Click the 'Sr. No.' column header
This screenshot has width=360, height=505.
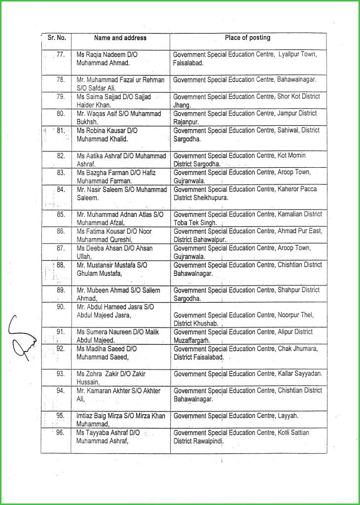[x=57, y=38]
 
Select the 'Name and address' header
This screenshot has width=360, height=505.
[x=120, y=38]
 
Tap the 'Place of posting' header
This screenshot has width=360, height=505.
[x=248, y=38]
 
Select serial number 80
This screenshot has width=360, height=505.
[x=61, y=113]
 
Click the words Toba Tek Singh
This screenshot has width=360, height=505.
[x=195, y=223]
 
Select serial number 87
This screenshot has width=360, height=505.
[x=61, y=248]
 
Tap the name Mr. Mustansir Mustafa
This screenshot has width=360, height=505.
[x=108, y=265]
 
